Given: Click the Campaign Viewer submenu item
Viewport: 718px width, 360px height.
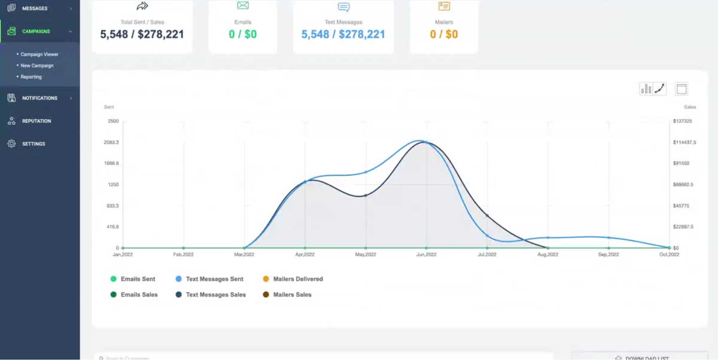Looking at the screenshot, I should click(39, 54).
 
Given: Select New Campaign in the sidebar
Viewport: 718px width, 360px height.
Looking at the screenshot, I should click(37, 66).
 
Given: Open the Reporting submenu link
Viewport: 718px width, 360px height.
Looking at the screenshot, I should click(31, 77).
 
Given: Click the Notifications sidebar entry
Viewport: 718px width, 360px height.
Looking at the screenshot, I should click(39, 98).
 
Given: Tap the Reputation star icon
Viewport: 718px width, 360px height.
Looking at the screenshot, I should click(11, 121).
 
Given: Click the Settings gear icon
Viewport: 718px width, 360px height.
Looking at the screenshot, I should click(11, 144).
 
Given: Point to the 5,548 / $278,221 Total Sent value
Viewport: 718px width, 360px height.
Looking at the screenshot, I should click(142, 34).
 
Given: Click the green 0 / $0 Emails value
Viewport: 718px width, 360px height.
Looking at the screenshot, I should click(242, 34).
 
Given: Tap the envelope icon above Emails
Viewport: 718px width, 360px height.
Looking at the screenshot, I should click(242, 6).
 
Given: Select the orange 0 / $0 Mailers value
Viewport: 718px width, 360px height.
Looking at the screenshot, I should click(443, 34).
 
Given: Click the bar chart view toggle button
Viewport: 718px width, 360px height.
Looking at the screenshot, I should click(646, 89).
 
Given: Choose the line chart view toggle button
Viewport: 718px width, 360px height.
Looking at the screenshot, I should click(659, 89).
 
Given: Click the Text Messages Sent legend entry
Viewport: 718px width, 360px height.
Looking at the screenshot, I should click(214, 279).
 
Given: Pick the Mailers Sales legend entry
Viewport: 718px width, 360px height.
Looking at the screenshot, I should click(292, 295).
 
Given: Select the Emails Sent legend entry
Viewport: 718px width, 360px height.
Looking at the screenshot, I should click(138, 279).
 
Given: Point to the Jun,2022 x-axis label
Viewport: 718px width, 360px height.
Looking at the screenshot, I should click(426, 255).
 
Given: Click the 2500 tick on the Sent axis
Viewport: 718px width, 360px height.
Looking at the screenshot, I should click(112, 121).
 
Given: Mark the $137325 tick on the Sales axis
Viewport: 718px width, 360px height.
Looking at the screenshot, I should click(683, 121).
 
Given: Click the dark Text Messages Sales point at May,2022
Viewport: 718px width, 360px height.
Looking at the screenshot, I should click(366, 196).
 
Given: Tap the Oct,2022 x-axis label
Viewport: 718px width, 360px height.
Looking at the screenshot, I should click(669, 255).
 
